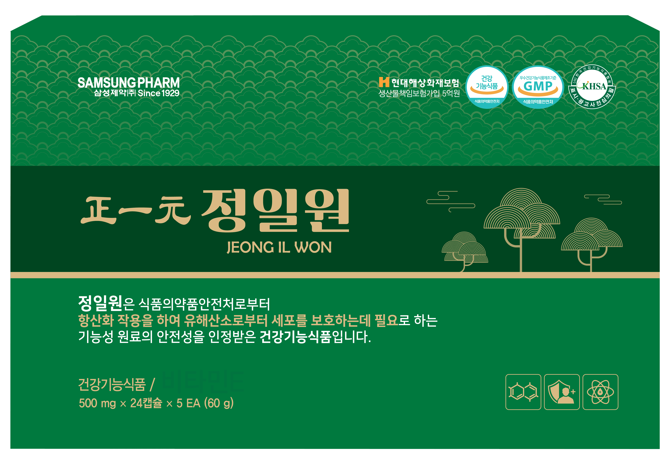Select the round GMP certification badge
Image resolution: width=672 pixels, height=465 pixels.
click(x=538, y=87)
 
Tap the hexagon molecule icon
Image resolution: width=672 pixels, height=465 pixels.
click(x=523, y=392)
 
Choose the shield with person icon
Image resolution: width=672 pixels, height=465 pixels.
click(x=562, y=392)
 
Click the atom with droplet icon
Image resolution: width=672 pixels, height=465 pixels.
click(x=600, y=392)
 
